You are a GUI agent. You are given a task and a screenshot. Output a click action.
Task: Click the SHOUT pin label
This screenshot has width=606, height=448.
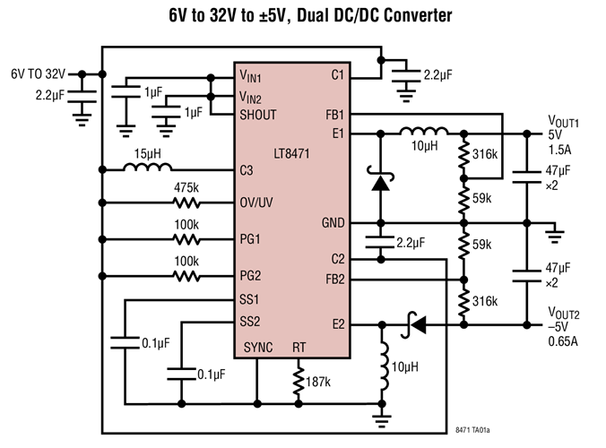point(258,115)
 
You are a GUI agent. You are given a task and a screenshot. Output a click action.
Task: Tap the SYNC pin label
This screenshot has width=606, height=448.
point(257,348)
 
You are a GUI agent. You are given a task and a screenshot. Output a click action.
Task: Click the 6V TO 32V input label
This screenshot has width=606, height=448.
point(39,73)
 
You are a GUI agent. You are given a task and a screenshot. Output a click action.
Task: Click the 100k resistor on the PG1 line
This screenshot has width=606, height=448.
point(186,239)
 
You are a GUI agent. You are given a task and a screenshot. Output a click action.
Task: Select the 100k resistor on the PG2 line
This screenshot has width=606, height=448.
point(186,276)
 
